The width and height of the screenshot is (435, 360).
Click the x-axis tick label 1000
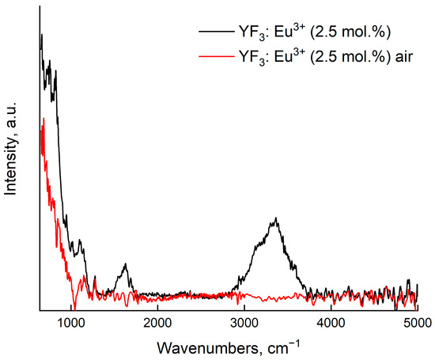(x=71, y=322)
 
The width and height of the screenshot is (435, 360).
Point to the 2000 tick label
(x=158, y=322)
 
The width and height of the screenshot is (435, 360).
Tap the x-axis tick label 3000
(x=244, y=322)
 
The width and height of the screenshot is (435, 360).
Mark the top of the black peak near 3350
(x=275, y=218)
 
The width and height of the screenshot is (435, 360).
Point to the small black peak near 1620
(x=125, y=266)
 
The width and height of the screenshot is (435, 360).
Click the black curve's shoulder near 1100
(x=80, y=241)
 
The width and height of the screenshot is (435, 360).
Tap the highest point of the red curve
(x=43, y=119)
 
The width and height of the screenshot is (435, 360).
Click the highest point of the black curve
(x=40, y=35)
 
